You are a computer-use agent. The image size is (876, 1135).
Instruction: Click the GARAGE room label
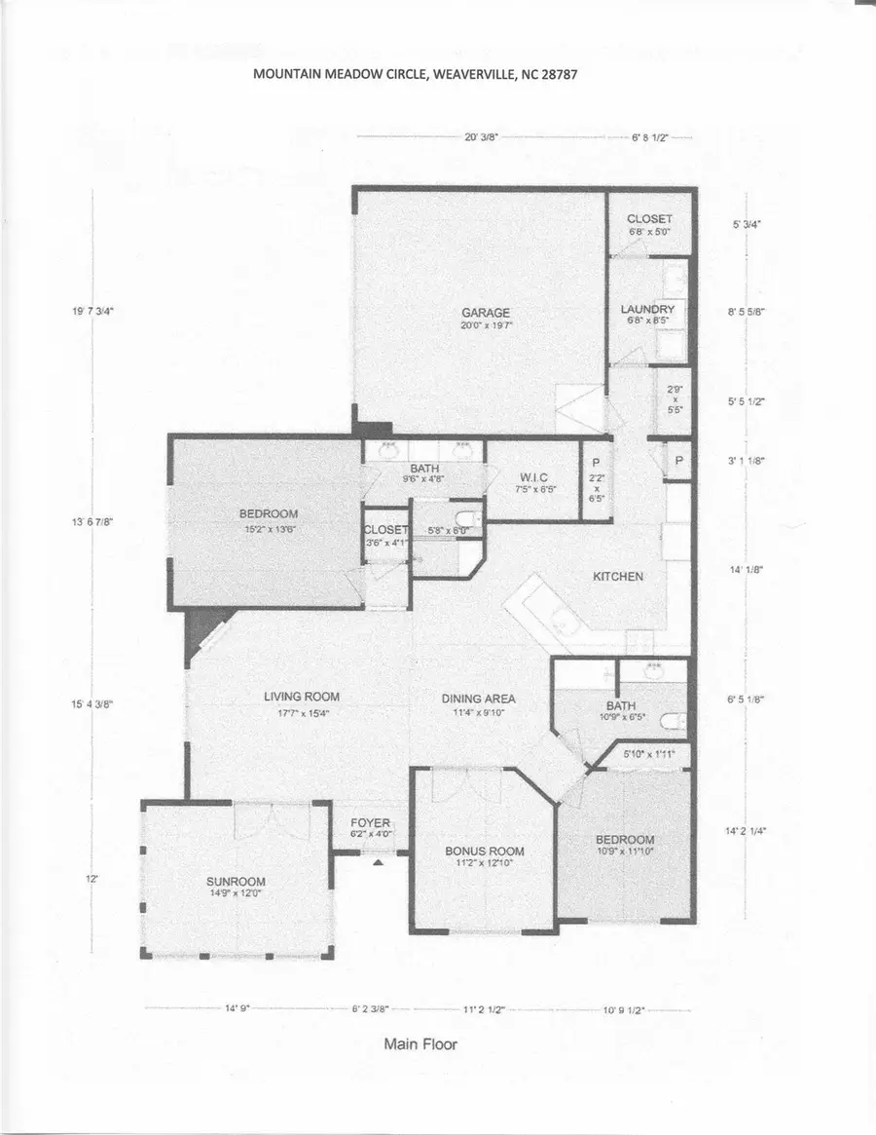point(486,313)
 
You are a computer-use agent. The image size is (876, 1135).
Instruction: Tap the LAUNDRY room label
point(648,310)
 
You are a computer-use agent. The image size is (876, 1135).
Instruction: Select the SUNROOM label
point(230,882)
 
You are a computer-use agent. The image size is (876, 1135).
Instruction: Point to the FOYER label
point(370,823)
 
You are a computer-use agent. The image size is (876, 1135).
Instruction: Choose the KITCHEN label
point(618,576)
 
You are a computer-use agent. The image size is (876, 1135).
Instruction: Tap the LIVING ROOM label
point(302,696)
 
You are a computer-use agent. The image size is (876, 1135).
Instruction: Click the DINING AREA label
point(478,699)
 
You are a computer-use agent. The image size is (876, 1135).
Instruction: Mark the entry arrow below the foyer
point(379,861)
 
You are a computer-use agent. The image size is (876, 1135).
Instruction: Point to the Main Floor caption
point(420,1043)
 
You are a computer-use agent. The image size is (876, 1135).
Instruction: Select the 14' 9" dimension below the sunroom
point(237,1009)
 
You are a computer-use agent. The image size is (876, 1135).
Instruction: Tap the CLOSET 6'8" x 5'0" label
point(649,225)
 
